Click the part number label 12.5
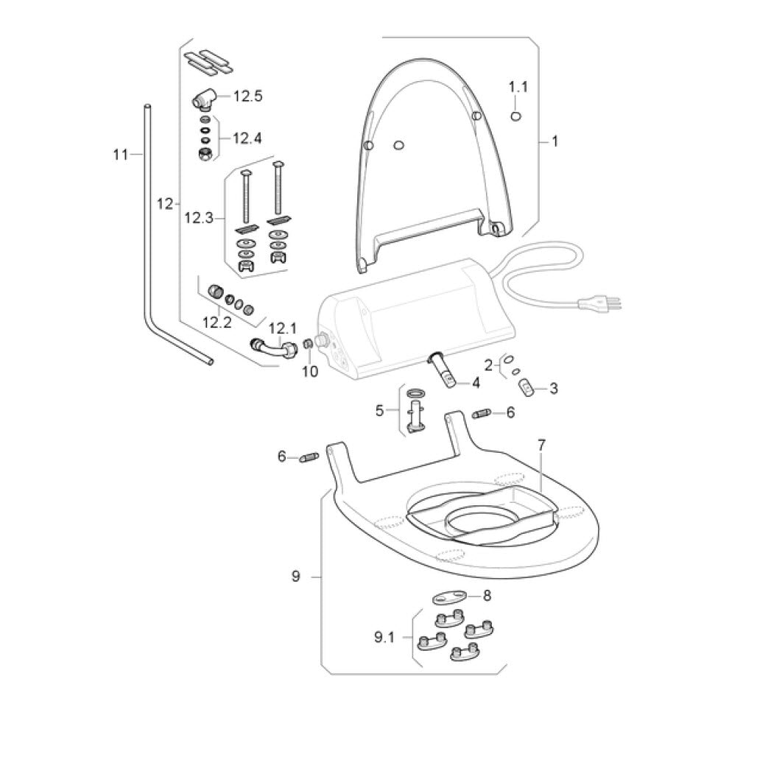[248, 96]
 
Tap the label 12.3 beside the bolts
[199, 218]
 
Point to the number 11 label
[121, 154]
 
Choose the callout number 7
[541, 445]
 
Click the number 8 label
[487, 596]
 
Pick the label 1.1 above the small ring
[518, 87]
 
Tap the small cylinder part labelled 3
[527, 387]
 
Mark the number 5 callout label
[380, 410]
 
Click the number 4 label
[476, 382]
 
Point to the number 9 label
[295, 577]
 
